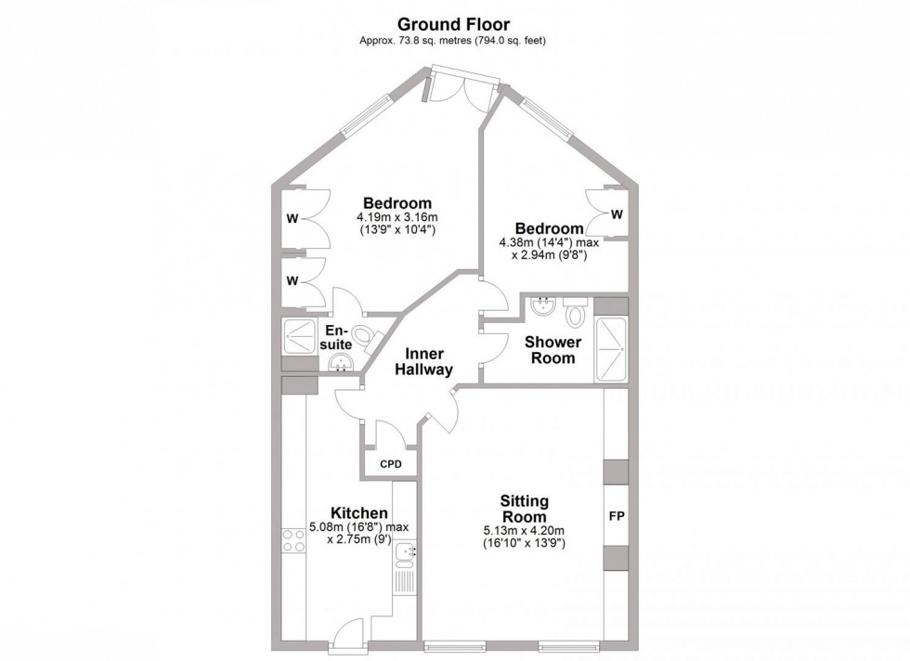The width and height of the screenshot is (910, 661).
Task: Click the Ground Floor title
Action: pos(454,22)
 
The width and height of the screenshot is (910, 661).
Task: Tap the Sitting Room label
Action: pos(524,509)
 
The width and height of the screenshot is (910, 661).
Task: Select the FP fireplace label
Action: pos(616,515)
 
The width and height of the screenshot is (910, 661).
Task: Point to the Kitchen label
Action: pos(359,512)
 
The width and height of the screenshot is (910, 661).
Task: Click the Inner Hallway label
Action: pos(423,361)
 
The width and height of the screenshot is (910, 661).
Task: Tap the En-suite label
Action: pos(337,336)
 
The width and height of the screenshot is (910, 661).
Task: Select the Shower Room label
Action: pos(553,349)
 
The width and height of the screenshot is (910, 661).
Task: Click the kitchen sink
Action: pos(404,554)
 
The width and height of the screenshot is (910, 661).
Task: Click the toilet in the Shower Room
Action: pos(576,312)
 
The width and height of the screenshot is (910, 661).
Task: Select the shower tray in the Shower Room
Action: pos(611,348)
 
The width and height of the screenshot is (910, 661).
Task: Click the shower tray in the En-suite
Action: pos(298,336)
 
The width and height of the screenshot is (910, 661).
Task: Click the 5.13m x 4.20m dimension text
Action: pos(524,530)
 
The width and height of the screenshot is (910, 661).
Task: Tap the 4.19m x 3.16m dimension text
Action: pos(396,219)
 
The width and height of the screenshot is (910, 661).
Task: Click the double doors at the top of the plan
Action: pos(459,88)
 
